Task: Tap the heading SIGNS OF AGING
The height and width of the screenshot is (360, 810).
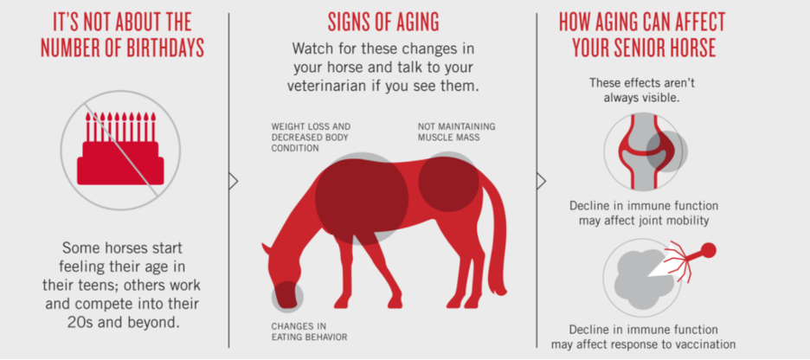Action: [x=383, y=22]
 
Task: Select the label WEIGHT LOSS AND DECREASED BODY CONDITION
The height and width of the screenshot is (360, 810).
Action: [x=311, y=138]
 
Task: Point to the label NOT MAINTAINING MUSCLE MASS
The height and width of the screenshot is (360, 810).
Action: [x=456, y=132]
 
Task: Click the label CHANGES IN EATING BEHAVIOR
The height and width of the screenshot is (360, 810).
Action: [x=309, y=331]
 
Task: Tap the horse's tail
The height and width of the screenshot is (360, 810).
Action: [x=496, y=238]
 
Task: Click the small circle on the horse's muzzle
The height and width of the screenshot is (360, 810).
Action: [x=287, y=297]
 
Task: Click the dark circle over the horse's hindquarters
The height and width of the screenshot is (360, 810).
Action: [x=448, y=182]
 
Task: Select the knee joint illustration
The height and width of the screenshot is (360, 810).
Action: [x=644, y=151]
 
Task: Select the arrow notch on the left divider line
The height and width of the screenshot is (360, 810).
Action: [x=233, y=181]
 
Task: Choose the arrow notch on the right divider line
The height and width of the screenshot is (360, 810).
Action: [x=541, y=181]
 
